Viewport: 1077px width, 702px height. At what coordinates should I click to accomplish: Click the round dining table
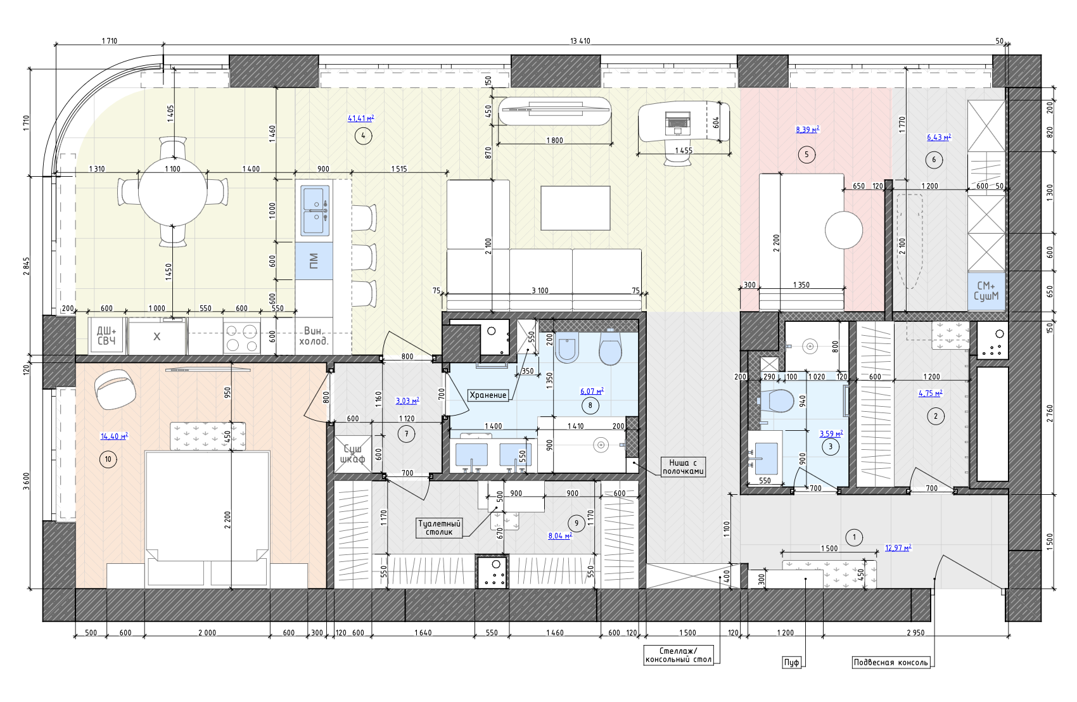coord(172,191)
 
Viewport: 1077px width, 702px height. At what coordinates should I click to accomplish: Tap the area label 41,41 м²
coord(361,118)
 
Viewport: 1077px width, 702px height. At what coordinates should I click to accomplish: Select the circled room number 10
coord(108,459)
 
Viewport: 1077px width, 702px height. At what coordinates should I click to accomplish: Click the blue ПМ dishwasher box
coord(314,261)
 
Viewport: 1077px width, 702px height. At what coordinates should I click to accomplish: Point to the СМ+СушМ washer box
coord(986,291)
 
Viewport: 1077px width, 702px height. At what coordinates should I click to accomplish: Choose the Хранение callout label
coord(488,395)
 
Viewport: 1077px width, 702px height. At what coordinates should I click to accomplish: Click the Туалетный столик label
coord(440,528)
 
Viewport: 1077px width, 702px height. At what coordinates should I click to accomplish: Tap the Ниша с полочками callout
coord(683,467)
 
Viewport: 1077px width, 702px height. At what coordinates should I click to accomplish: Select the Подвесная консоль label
coord(891,662)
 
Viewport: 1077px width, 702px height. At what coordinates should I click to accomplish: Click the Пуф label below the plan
coord(791,662)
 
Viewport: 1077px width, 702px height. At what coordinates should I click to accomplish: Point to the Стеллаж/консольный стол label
coord(679,655)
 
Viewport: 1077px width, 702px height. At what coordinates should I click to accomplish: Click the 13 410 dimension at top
coord(580,41)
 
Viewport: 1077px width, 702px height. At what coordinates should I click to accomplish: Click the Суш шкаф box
coord(353,454)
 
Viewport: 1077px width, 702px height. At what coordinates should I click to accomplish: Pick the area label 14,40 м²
coord(114,436)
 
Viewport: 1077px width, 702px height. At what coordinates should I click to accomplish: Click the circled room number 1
coord(854,537)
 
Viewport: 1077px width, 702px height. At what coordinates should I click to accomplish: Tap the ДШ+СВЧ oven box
coord(106,336)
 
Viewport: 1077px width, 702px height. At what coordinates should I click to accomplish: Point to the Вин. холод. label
coord(314,336)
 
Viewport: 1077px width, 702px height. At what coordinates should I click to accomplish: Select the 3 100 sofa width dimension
coord(540,290)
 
